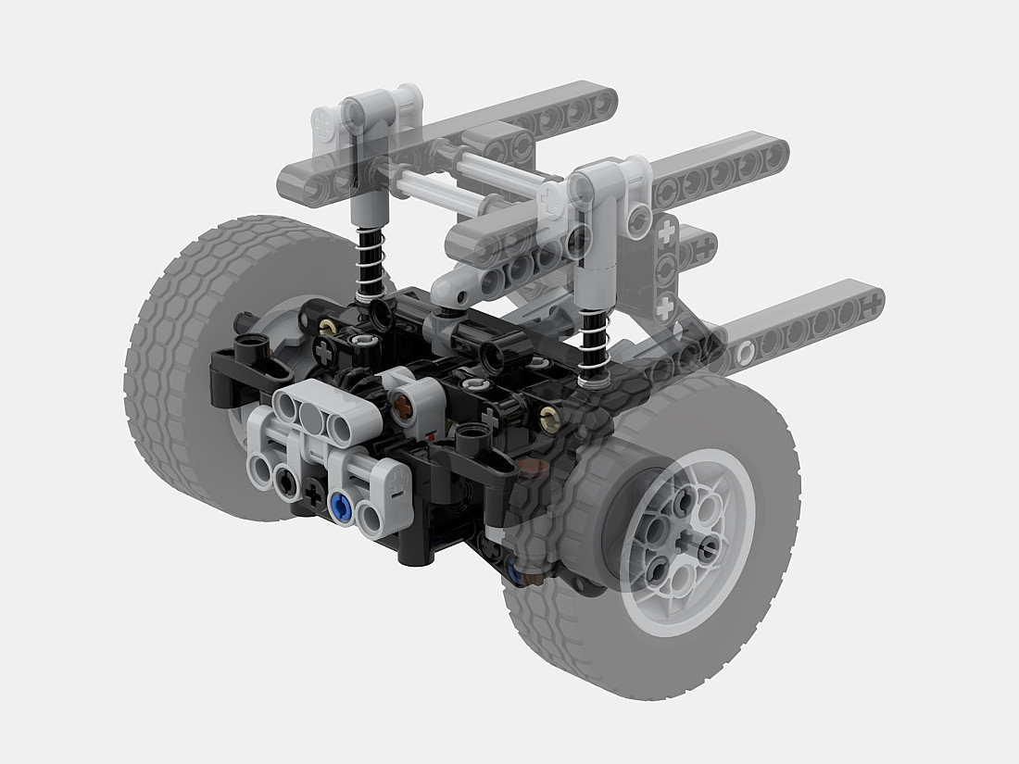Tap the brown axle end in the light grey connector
pyautogui.click(x=405, y=404)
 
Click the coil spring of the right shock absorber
pyautogui.click(x=592, y=342)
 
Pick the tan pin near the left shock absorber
pyautogui.click(x=327, y=327)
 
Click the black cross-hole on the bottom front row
pyautogui.click(x=314, y=497)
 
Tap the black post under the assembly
pyautogui.click(x=413, y=546)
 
